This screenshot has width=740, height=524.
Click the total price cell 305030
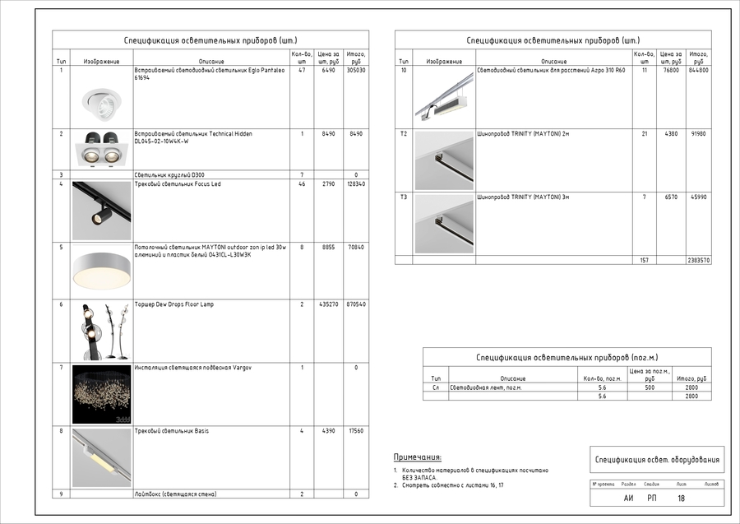tap(356, 71)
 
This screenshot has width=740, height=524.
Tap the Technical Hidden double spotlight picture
tap(101, 148)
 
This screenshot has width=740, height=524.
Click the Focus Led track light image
tap(101, 210)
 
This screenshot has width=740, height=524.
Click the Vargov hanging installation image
tap(101, 393)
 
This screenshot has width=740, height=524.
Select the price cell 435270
tap(328, 304)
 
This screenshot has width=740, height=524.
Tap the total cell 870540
tap(356, 304)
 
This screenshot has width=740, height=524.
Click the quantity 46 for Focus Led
tap(302, 184)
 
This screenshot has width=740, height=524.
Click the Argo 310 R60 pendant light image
tap(444, 97)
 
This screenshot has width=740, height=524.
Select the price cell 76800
tap(671, 71)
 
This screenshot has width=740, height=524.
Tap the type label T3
tap(403, 197)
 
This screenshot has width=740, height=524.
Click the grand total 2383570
tap(698, 260)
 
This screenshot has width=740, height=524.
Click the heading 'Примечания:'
tap(418, 457)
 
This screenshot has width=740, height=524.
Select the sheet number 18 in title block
tap(681, 498)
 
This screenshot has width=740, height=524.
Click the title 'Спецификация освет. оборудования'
tap(657, 460)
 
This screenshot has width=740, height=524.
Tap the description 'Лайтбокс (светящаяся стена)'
tap(175, 494)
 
